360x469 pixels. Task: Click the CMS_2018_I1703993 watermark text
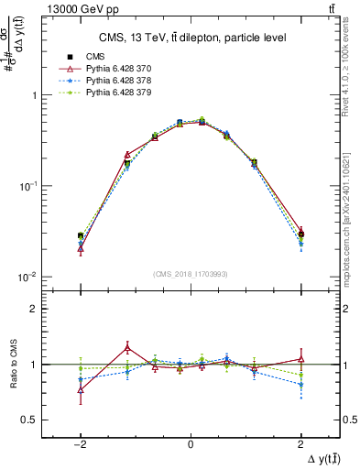tap(190, 274)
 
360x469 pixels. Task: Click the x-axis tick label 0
tap(190, 442)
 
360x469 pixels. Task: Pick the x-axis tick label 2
tap(300, 442)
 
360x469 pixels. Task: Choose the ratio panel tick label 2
tap(33, 309)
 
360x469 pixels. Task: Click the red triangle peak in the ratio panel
tap(127, 347)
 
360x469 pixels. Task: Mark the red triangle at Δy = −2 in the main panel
tap(81, 248)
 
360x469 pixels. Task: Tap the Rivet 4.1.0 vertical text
tap(352, 71)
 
